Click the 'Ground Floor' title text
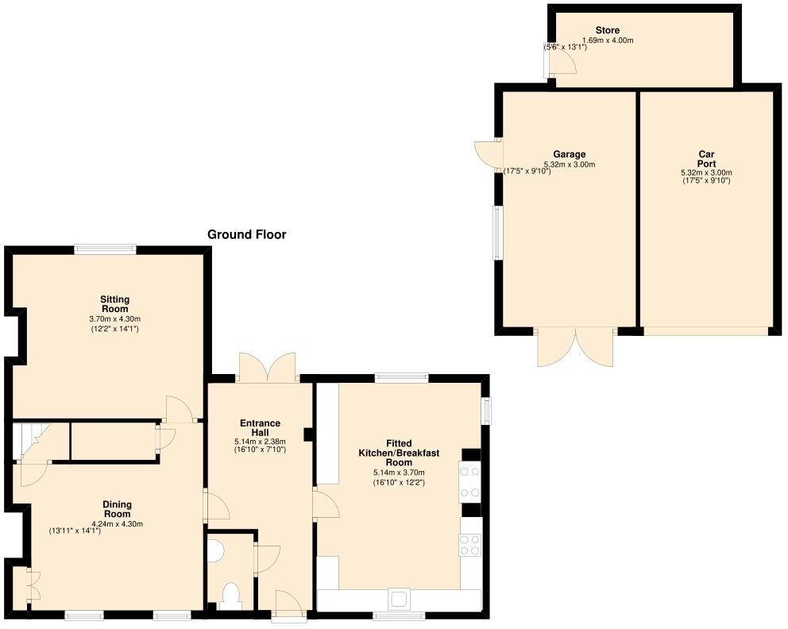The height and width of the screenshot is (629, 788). (246, 234)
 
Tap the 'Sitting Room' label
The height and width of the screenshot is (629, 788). (114, 304)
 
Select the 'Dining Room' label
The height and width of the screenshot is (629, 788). (117, 509)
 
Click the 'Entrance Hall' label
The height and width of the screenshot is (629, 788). (260, 428)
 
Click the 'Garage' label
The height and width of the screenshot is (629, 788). (569, 154)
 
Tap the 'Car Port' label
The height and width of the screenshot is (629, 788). (706, 159)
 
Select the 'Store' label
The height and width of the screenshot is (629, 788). (607, 30)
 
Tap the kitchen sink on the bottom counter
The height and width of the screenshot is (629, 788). (399, 598)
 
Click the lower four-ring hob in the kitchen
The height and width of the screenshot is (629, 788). (469, 544)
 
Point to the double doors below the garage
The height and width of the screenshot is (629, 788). (576, 346)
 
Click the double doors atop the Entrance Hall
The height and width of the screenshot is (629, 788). (268, 368)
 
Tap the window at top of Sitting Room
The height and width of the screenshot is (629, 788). (105, 249)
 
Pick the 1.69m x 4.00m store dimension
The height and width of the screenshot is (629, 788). (608, 41)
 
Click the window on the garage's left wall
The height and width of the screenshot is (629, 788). (496, 233)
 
